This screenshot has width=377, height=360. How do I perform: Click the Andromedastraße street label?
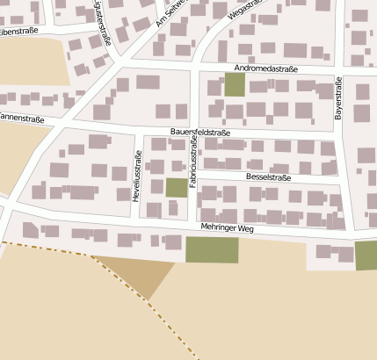266,68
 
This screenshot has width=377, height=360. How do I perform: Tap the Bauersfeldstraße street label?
200,133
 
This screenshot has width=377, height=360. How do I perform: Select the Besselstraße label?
268,176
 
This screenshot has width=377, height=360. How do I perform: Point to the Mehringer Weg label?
226,228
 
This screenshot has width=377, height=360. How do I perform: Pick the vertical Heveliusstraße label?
137,178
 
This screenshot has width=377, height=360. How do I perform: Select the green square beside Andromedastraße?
235,85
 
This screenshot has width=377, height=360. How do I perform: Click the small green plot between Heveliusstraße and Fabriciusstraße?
176,187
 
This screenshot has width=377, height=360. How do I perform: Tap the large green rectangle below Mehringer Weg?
212,249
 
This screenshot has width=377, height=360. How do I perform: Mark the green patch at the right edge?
366,256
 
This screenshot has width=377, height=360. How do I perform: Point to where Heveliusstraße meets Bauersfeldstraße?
141,130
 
